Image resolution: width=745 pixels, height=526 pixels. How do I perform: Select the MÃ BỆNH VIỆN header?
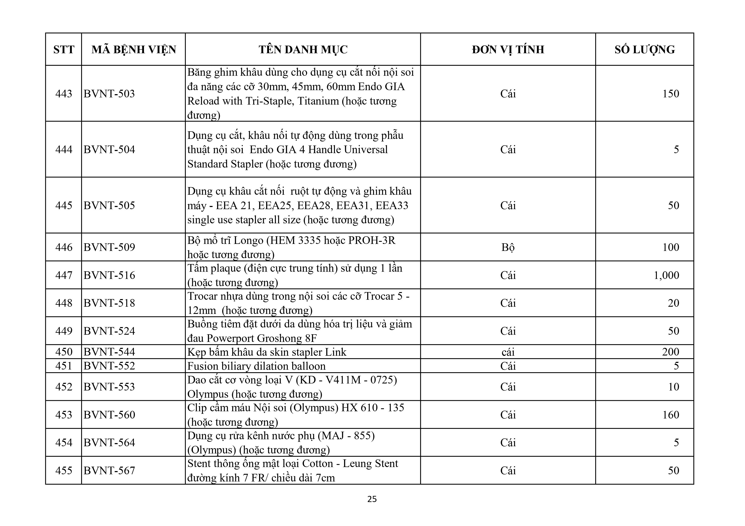click(x=134, y=50)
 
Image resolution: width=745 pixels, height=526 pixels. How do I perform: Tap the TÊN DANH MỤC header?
click(x=303, y=50)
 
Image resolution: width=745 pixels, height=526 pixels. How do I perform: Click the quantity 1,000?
click(x=666, y=275)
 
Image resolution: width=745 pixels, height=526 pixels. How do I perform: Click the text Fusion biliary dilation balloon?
click(x=256, y=366)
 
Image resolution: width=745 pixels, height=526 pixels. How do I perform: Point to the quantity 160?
click(x=670, y=415)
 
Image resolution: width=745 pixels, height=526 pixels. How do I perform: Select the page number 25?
click(x=372, y=499)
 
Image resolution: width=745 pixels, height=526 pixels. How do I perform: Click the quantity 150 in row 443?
click(x=670, y=94)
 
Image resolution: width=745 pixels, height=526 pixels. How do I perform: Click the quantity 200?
click(x=670, y=352)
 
